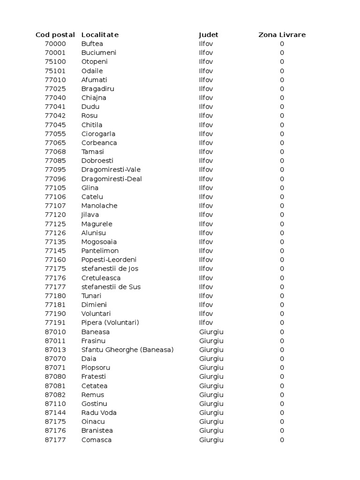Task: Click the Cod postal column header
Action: click(55, 35)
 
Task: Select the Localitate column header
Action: click(100, 35)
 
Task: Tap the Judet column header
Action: click(209, 35)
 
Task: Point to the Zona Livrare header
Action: click(282, 35)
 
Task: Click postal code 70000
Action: click(55, 44)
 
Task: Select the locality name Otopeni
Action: click(94, 62)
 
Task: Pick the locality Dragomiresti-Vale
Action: click(111, 170)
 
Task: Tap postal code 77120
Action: click(55, 215)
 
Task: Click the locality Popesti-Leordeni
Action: click(109, 260)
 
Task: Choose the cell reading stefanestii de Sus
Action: click(111, 287)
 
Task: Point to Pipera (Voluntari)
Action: click(110, 322)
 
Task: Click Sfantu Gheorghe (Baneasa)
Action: click(127, 350)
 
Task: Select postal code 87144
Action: click(55, 412)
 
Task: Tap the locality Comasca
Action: click(97, 440)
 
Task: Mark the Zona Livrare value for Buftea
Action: click(282, 44)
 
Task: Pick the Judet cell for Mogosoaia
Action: click(206, 242)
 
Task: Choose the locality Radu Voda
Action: click(99, 412)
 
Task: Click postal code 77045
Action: click(55, 125)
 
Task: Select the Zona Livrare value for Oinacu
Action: click(282, 421)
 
